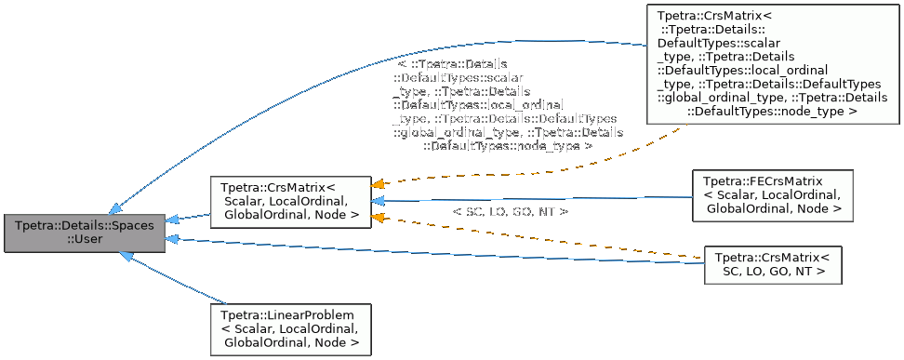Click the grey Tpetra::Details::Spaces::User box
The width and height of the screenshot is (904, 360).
pos(85,233)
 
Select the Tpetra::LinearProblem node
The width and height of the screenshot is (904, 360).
pos(290,328)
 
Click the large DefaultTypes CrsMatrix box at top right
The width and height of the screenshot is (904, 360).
pos(771,63)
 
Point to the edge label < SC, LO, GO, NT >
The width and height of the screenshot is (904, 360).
pos(511,212)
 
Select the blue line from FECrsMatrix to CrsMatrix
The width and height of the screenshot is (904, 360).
pos(539,198)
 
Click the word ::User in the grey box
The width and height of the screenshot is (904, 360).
pos(85,240)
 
